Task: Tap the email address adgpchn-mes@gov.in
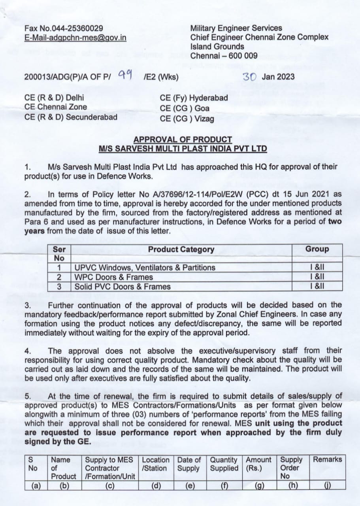[x=75, y=38]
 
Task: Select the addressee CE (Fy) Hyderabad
[x=194, y=98]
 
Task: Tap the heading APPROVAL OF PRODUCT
[x=183, y=140]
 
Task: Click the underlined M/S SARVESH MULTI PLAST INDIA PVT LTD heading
[x=183, y=149]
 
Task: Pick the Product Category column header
[x=181, y=249]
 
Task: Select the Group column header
[x=317, y=249]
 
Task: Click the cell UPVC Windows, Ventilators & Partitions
[x=145, y=268]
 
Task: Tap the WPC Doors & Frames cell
[x=114, y=277]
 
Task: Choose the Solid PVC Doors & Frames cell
[x=123, y=287]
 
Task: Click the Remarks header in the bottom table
[x=327, y=460]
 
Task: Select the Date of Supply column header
[x=188, y=464]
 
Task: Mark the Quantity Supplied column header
[x=224, y=464]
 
